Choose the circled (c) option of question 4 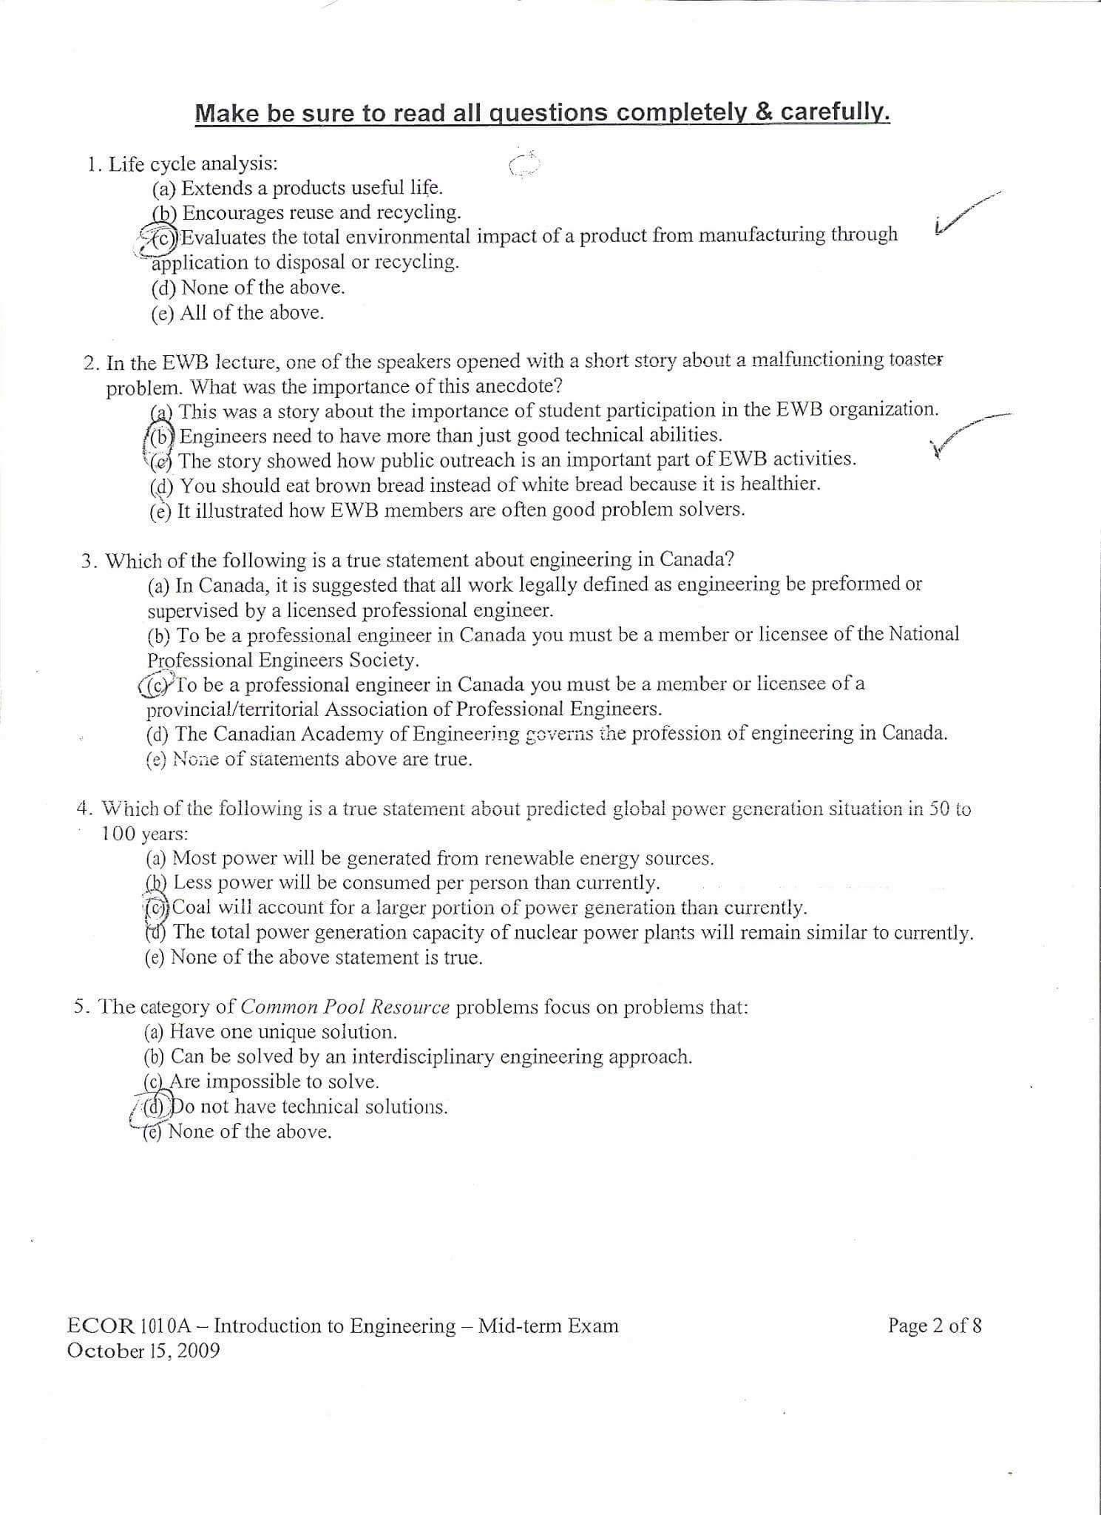click(x=157, y=908)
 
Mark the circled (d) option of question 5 click(x=156, y=1107)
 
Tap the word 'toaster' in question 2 click(x=916, y=360)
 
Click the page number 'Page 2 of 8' click(x=935, y=1326)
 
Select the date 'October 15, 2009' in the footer click(x=143, y=1351)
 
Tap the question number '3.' click(x=89, y=561)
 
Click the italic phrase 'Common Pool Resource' click(x=345, y=1008)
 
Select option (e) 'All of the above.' click(x=237, y=313)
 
